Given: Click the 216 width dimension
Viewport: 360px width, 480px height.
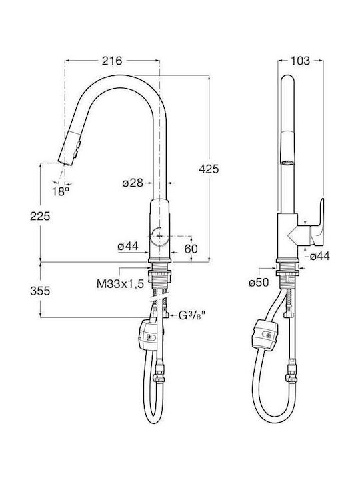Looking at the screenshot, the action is point(112,61).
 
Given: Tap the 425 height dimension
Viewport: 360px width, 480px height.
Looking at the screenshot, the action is point(209,169).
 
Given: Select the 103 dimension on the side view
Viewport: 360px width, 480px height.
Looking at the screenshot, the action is point(300,61).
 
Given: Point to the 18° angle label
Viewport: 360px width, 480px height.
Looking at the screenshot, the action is point(60,191).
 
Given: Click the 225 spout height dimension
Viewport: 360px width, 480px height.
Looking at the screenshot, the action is point(40,216).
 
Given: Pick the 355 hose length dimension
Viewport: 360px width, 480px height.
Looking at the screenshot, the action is point(40,291).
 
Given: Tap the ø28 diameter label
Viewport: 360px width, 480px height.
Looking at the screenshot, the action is point(133,183).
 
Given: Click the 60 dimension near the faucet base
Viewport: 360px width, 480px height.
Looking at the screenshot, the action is point(191,249).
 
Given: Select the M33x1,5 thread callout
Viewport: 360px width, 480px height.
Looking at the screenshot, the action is point(120,284).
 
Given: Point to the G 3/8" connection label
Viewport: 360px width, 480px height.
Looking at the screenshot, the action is point(191,315).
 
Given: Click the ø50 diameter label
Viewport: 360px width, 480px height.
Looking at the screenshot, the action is point(259,282).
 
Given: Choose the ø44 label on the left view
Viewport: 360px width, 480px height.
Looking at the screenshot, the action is point(128,246).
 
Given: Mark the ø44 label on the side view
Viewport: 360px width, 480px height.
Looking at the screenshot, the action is point(319,255).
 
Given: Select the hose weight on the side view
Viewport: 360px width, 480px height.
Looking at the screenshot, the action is point(266,334).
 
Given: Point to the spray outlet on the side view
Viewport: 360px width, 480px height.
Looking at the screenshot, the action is point(287,163).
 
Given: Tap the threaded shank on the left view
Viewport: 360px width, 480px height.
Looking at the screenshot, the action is point(159,279).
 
